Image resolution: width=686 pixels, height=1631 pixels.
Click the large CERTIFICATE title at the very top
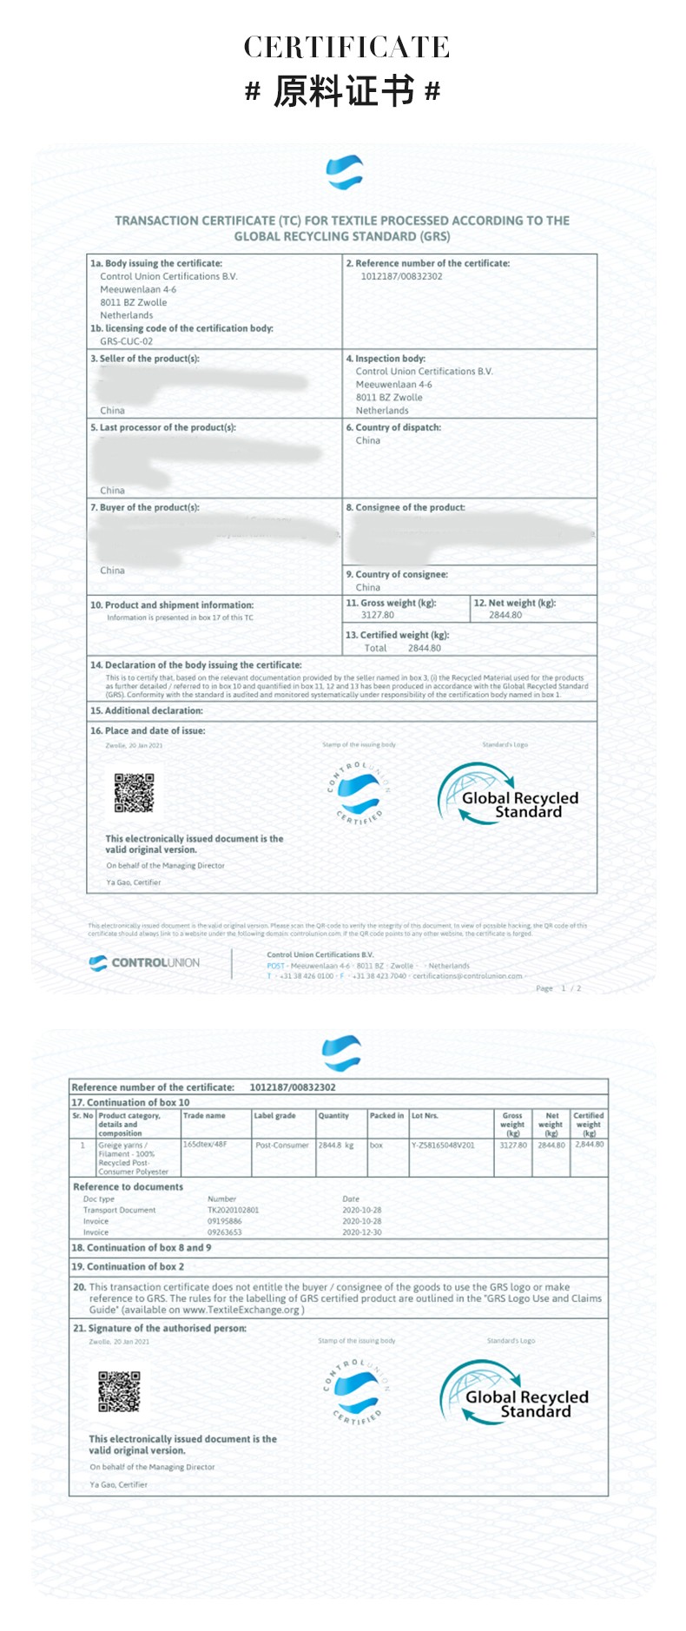pos(346,47)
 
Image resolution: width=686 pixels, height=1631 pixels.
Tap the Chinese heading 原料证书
pos(344,91)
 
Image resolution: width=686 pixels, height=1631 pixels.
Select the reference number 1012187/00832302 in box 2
pos(401,276)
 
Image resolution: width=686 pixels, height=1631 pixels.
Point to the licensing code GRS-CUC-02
pos(126,341)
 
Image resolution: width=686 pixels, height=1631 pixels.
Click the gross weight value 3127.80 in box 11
pos(377,615)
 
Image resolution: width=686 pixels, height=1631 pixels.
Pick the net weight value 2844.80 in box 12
pos(505,615)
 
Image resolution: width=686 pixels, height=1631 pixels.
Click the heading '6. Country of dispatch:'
pos(393,427)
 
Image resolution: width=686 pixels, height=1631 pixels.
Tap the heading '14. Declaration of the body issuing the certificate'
pos(196,664)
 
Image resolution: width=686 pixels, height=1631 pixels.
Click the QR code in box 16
pos(134,792)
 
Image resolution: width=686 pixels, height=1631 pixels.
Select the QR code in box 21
pos(119,1391)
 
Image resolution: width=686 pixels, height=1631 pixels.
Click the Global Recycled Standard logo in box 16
pos(507,794)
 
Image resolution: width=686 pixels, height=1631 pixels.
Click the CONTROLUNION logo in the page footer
pos(144,962)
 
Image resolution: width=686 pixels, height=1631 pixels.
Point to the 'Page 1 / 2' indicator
pos(558,988)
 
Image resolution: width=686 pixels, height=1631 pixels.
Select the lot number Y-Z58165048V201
pos(443,1145)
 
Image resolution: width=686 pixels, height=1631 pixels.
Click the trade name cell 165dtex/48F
pos(205,1145)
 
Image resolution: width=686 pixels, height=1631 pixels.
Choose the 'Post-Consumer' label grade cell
pos(282,1145)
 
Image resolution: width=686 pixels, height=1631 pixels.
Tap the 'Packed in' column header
pos(386,1116)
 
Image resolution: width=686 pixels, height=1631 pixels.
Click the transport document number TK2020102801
pos(233,1210)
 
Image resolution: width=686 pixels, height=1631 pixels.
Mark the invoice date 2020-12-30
pos(361,1232)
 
